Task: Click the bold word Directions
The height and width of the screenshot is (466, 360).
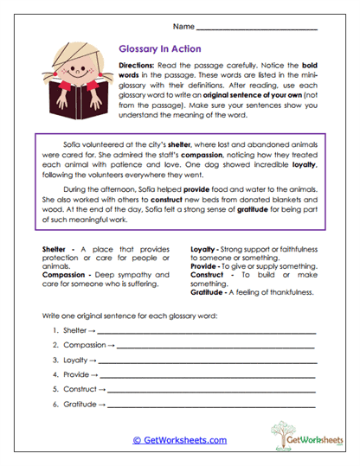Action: [x=137, y=67]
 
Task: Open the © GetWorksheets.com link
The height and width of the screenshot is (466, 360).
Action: [x=180, y=440]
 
